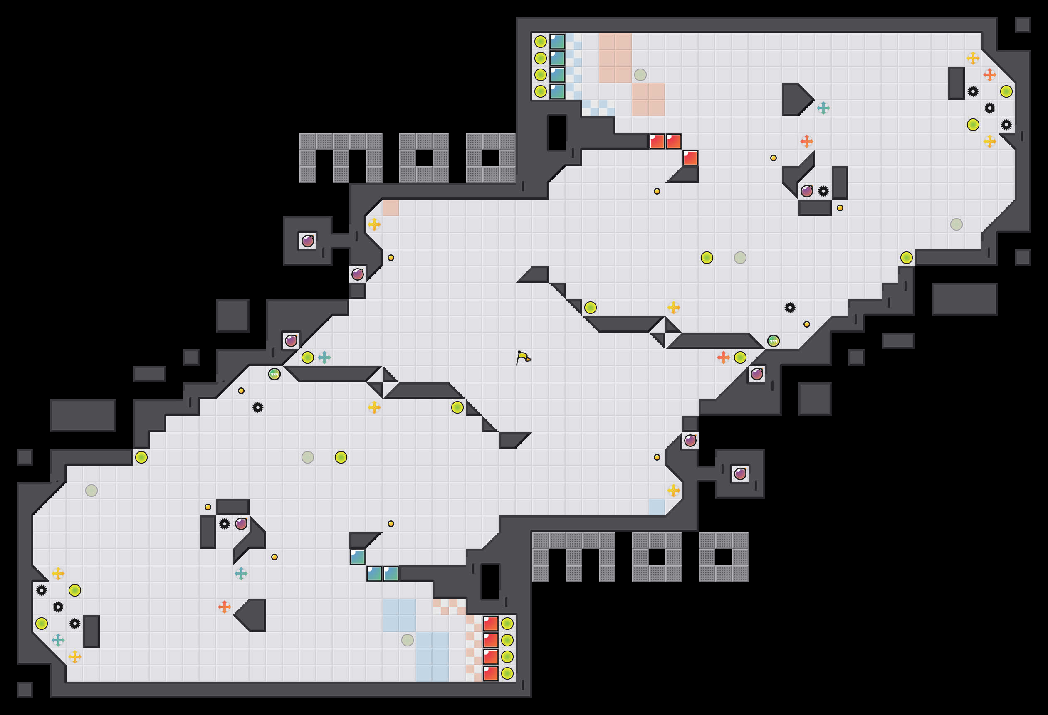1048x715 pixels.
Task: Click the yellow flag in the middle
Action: coord(523,358)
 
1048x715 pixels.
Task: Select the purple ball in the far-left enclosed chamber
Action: coord(308,241)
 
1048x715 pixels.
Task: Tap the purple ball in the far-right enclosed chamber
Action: coord(740,474)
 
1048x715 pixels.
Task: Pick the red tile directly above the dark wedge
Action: coord(690,158)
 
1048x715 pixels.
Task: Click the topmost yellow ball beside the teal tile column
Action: coord(540,42)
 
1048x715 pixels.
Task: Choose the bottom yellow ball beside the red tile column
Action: coord(507,673)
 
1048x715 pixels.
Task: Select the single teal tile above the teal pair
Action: coord(358,557)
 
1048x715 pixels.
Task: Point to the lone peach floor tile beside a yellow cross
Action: coord(391,208)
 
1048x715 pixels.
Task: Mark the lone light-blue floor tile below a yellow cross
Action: coord(657,507)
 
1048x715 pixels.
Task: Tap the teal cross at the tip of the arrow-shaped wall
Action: coord(823,108)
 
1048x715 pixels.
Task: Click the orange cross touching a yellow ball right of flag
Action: coord(723,357)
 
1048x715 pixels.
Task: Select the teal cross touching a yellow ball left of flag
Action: coord(324,357)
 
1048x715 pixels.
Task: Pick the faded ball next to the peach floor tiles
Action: coord(640,75)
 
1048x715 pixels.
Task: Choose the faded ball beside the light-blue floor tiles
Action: coord(407,640)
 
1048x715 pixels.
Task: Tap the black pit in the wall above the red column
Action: coord(491,582)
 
